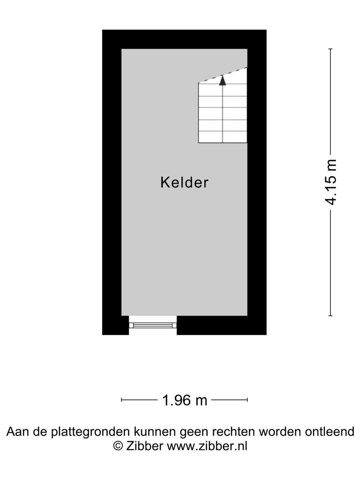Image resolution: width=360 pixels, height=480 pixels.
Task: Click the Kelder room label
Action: coord(184,183)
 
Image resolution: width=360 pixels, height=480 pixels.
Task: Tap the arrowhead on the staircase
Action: coord(223,81)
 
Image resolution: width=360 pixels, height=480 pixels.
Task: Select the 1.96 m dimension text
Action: coord(184,400)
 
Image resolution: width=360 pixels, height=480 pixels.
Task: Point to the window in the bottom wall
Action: coord(153,325)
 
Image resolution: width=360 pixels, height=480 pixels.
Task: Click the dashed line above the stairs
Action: coord(223,75)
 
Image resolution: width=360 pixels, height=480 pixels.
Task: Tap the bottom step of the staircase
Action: coord(223,137)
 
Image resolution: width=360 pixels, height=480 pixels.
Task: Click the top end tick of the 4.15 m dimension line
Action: coord(330,49)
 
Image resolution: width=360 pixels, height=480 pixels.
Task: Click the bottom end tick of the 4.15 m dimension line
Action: coord(330,315)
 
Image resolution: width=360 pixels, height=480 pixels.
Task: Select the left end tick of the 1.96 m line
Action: coord(122,400)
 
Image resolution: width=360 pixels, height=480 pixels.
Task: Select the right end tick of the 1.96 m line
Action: coord(247,400)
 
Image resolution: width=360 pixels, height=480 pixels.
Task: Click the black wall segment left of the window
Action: coord(115,325)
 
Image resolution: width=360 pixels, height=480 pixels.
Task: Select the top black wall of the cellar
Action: coord(184,39)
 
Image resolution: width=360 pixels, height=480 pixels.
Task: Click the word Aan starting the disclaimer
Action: coord(17,432)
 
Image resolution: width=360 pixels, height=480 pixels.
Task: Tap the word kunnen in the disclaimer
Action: coord(154,432)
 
